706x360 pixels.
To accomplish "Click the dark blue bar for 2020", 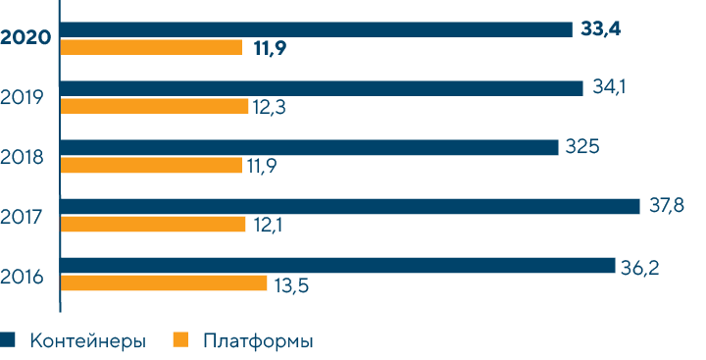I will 316,29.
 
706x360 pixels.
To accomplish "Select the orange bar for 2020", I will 151,47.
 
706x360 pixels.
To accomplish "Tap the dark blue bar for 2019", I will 322,88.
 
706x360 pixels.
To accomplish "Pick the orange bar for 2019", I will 154,106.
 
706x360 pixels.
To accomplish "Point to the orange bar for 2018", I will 151,165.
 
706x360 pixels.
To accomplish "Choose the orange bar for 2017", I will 153,224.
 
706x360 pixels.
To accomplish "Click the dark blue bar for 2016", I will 337,265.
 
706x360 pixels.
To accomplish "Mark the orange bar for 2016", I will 164,283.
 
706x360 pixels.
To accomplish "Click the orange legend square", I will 179,340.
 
